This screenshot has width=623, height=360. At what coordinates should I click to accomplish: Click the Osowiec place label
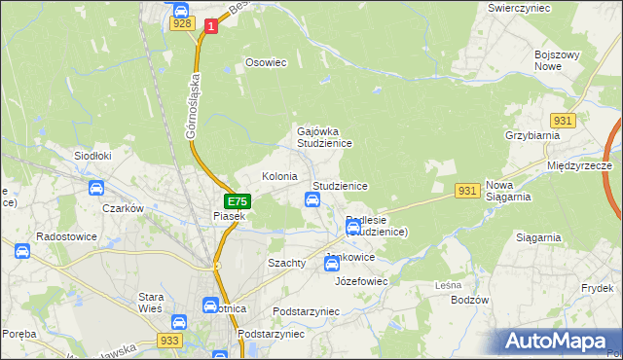(x=266, y=62)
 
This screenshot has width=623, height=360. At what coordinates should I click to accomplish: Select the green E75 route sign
(x=238, y=201)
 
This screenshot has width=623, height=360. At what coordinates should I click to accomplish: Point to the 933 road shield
(x=169, y=341)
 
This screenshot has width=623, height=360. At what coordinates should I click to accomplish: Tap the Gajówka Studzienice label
(x=324, y=136)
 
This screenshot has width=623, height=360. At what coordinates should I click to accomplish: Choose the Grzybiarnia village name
(x=529, y=136)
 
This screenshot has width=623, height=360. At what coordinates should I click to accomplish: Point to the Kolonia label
(x=279, y=176)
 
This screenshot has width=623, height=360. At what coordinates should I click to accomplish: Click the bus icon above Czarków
(x=96, y=188)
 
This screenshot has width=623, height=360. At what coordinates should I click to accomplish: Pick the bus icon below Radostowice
(x=22, y=251)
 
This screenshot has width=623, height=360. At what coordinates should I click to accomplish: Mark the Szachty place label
(x=286, y=263)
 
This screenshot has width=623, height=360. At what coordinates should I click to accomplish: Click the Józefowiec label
(x=361, y=280)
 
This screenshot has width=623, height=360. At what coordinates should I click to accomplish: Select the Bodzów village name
(x=469, y=300)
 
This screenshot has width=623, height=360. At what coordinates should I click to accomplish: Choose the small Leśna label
(x=448, y=285)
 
